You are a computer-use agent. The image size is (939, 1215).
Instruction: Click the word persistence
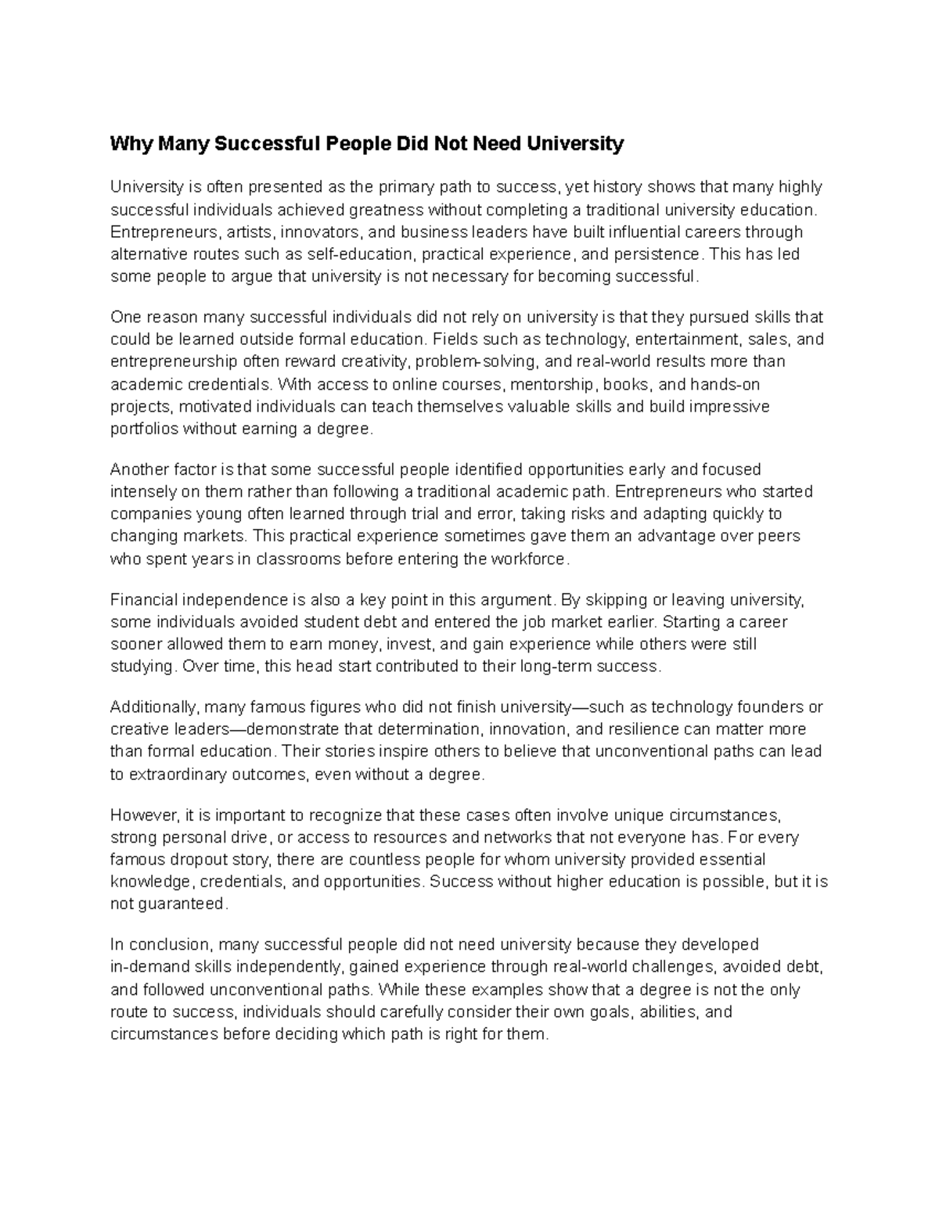tap(659, 254)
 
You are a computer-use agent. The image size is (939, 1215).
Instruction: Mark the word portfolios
tap(145, 429)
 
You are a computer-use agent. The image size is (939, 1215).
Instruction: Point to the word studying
tap(142, 667)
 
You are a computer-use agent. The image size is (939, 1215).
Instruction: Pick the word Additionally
tap(155, 707)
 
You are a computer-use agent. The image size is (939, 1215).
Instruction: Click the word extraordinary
tap(175, 775)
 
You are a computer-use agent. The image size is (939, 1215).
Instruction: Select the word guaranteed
tap(181, 904)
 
